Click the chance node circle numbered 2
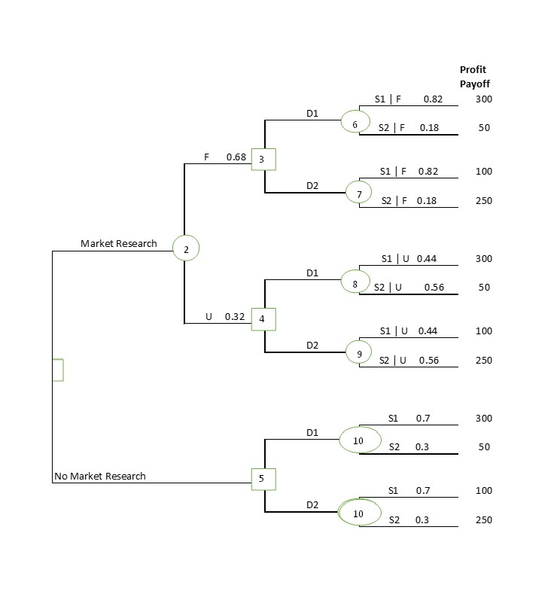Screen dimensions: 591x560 pyautogui.click(x=186, y=248)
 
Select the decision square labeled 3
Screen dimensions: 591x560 pyautogui.click(x=263, y=159)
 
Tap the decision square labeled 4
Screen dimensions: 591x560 pyautogui.click(x=263, y=318)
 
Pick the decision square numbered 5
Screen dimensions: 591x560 pyautogui.click(x=263, y=478)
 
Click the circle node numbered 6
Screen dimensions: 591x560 pyautogui.click(x=355, y=122)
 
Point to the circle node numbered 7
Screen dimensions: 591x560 pyautogui.click(x=359, y=193)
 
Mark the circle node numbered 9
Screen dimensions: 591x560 pyautogui.click(x=359, y=353)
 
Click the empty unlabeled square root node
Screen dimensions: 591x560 pyautogui.click(x=57, y=370)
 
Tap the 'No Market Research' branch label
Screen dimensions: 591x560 pyautogui.click(x=100, y=476)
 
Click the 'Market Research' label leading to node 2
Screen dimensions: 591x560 pyautogui.click(x=119, y=243)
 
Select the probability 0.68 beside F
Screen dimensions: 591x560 pyautogui.click(x=236, y=157)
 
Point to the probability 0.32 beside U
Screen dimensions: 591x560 pyautogui.click(x=235, y=317)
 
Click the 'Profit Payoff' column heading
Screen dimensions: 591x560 pyautogui.click(x=474, y=77)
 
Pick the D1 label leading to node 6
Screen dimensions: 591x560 pyautogui.click(x=312, y=114)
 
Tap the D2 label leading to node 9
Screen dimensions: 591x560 pyautogui.click(x=312, y=346)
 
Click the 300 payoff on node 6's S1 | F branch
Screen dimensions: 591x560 pyautogui.click(x=483, y=99)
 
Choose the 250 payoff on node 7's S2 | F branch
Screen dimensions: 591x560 pyautogui.click(x=483, y=200)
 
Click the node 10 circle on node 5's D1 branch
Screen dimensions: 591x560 pyautogui.click(x=358, y=440)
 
